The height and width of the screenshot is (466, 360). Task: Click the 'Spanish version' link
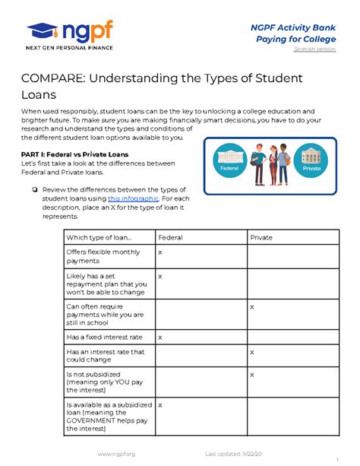click(x=315, y=49)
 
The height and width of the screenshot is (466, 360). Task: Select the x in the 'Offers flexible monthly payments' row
click(x=159, y=251)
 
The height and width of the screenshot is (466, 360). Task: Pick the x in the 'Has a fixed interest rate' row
click(x=159, y=336)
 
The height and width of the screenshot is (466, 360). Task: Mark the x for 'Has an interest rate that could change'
click(x=252, y=352)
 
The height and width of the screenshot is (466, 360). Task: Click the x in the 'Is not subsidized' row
click(x=252, y=375)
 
